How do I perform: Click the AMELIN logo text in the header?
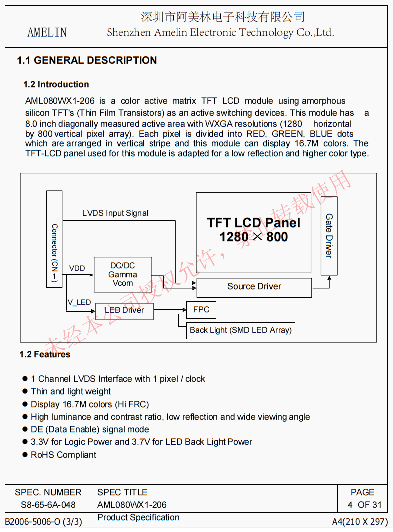[47, 32]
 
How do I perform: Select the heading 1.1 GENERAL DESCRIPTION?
[87, 60]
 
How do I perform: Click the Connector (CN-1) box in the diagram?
[54, 239]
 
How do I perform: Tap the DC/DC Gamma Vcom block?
[122, 274]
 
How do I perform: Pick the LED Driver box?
[124, 310]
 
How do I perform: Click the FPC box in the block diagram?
[201, 310]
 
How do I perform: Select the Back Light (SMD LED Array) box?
[240, 330]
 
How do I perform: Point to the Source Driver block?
[254, 287]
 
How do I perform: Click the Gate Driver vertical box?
[329, 236]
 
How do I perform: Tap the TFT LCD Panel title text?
[254, 223]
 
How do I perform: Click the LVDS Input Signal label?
[115, 213]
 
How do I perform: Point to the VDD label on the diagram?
[77, 268]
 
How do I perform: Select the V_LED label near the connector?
[79, 302]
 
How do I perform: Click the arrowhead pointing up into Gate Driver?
[329, 278]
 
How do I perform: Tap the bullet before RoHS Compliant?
[25, 455]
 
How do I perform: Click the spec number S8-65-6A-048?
[48, 505]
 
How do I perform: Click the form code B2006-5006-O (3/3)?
[43, 522]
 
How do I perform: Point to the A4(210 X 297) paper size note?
[360, 522]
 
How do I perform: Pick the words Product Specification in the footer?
[138, 517]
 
